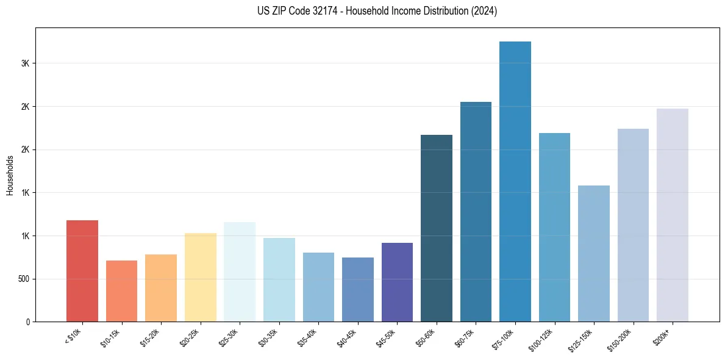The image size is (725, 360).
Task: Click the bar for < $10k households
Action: (x=82, y=271)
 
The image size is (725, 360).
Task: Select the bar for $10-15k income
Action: (x=121, y=291)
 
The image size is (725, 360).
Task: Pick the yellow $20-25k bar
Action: (x=200, y=278)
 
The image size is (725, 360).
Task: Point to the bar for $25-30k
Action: (x=240, y=272)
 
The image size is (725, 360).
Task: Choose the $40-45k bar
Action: (x=358, y=290)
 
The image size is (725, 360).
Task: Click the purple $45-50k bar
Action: (x=397, y=283)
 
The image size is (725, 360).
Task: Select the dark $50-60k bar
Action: (x=437, y=228)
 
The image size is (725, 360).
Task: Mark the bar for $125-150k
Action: (x=594, y=254)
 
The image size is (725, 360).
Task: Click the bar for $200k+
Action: (x=673, y=215)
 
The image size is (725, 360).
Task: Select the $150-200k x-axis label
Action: (x=620, y=337)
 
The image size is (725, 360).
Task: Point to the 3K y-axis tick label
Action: (x=24, y=63)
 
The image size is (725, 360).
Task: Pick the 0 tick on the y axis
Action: (x=27, y=322)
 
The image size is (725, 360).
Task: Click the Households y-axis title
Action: (x=10, y=175)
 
